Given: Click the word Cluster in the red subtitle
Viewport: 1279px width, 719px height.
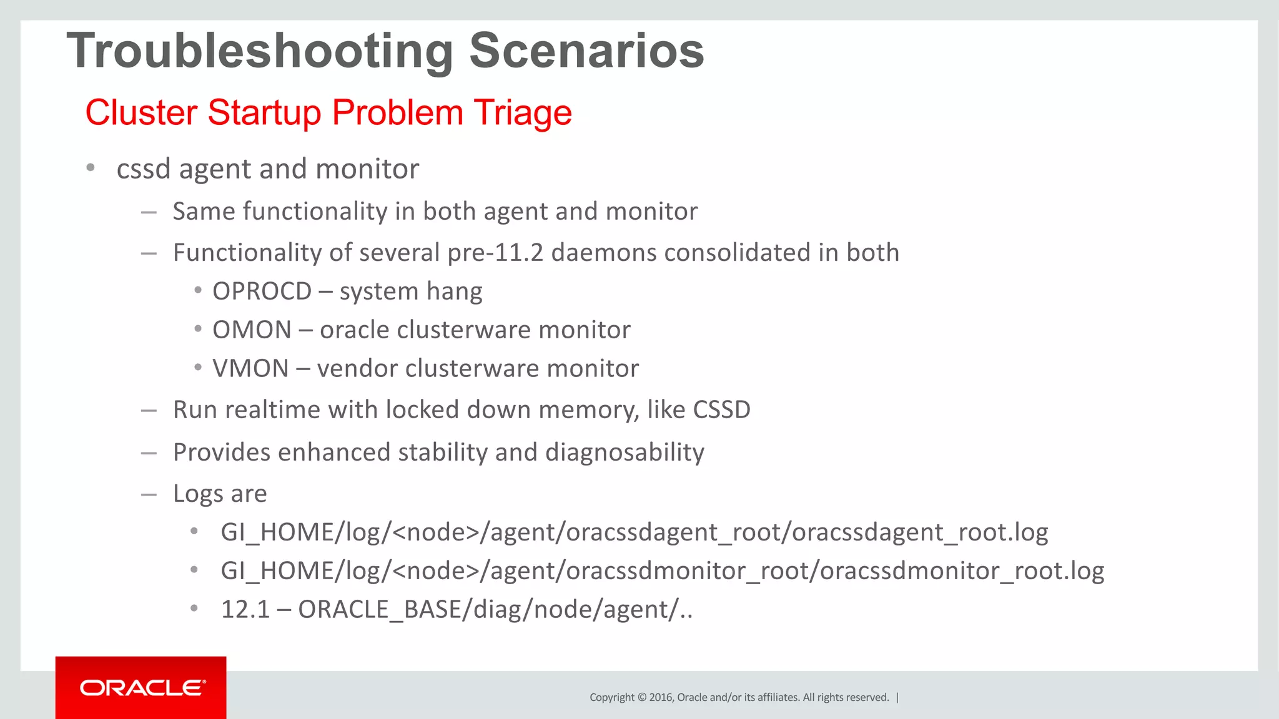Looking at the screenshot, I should pyautogui.click(x=141, y=113).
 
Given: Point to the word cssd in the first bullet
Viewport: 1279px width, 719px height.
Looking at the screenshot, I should pyautogui.click(x=143, y=169).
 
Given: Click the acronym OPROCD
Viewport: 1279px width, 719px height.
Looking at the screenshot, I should pyautogui.click(x=262, y=291).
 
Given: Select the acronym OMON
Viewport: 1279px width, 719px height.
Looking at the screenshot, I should pyautogui.click(x=252, y=330).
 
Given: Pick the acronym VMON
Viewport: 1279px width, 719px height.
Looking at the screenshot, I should pyautogui.click(x=250, y=369).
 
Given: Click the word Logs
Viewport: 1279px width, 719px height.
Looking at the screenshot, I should pyautogui.click(x=198, y=494).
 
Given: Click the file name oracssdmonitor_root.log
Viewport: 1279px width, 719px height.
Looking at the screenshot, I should pyautogui.click(x=961, y=571).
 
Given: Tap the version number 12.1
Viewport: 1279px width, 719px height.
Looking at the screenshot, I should pyautogui.click(x=245, y=610).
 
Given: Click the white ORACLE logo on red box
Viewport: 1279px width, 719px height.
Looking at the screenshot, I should pyautogui.click(x=142, y=688).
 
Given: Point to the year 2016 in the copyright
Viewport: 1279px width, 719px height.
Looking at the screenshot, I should pyautogui.click(x=661, y=698).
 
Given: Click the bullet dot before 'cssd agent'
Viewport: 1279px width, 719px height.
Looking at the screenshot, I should pyautogui.click(x=91, y=167).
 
